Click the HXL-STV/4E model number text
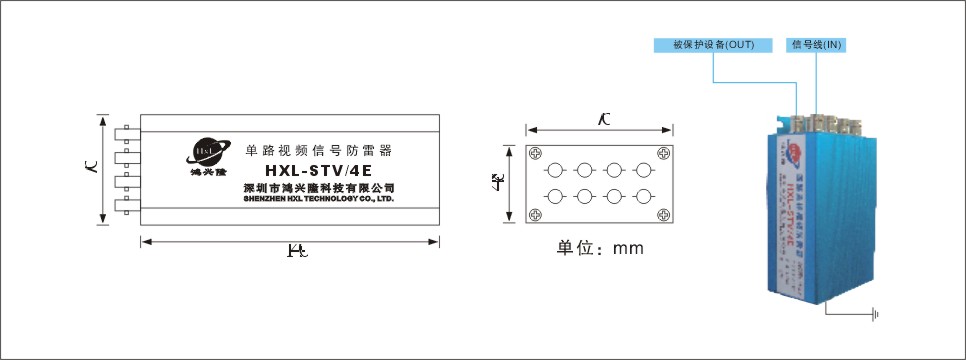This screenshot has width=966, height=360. (x=318, y=170)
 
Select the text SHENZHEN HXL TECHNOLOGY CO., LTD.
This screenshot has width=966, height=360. (x=319, y=199)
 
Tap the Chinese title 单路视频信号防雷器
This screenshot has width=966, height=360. (x=318, y=150)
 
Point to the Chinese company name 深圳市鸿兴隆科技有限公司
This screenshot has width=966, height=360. (x=319, y=187)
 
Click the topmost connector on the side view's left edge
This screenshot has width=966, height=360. (x=126, y=132)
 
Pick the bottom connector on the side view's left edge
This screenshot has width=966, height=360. (x=126, y=206)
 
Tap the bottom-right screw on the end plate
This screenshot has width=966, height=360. (x=661, y=214)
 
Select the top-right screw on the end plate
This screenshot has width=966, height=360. (x=661, y=153)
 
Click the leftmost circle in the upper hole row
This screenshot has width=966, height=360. (x=556, y=169)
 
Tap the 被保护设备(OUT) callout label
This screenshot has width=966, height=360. (x=713, y=45)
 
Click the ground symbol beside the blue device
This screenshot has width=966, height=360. (x=876, y=316)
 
